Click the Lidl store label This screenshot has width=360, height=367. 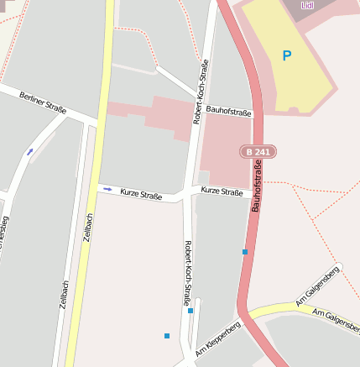click(306, 5)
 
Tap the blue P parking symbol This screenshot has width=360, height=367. click(286, 56)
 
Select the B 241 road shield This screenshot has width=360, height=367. click(258, 151)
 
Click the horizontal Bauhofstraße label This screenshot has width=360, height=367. click(229, 109)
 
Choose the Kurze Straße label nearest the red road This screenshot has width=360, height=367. click(222, 191)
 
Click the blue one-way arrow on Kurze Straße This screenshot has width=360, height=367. click(107, 189)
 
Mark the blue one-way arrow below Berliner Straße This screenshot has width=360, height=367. click(30, 152)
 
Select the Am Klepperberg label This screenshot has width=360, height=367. click(218, 338)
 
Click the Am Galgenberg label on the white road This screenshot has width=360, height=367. click(318, 286)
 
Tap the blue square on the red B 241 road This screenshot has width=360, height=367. click(245, 251)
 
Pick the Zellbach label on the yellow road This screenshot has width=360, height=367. click(89, 228)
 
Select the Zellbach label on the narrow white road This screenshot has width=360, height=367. click(64, 295)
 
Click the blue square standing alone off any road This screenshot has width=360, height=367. click(167, 336)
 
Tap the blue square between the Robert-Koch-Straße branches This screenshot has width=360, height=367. click(190, 311)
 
